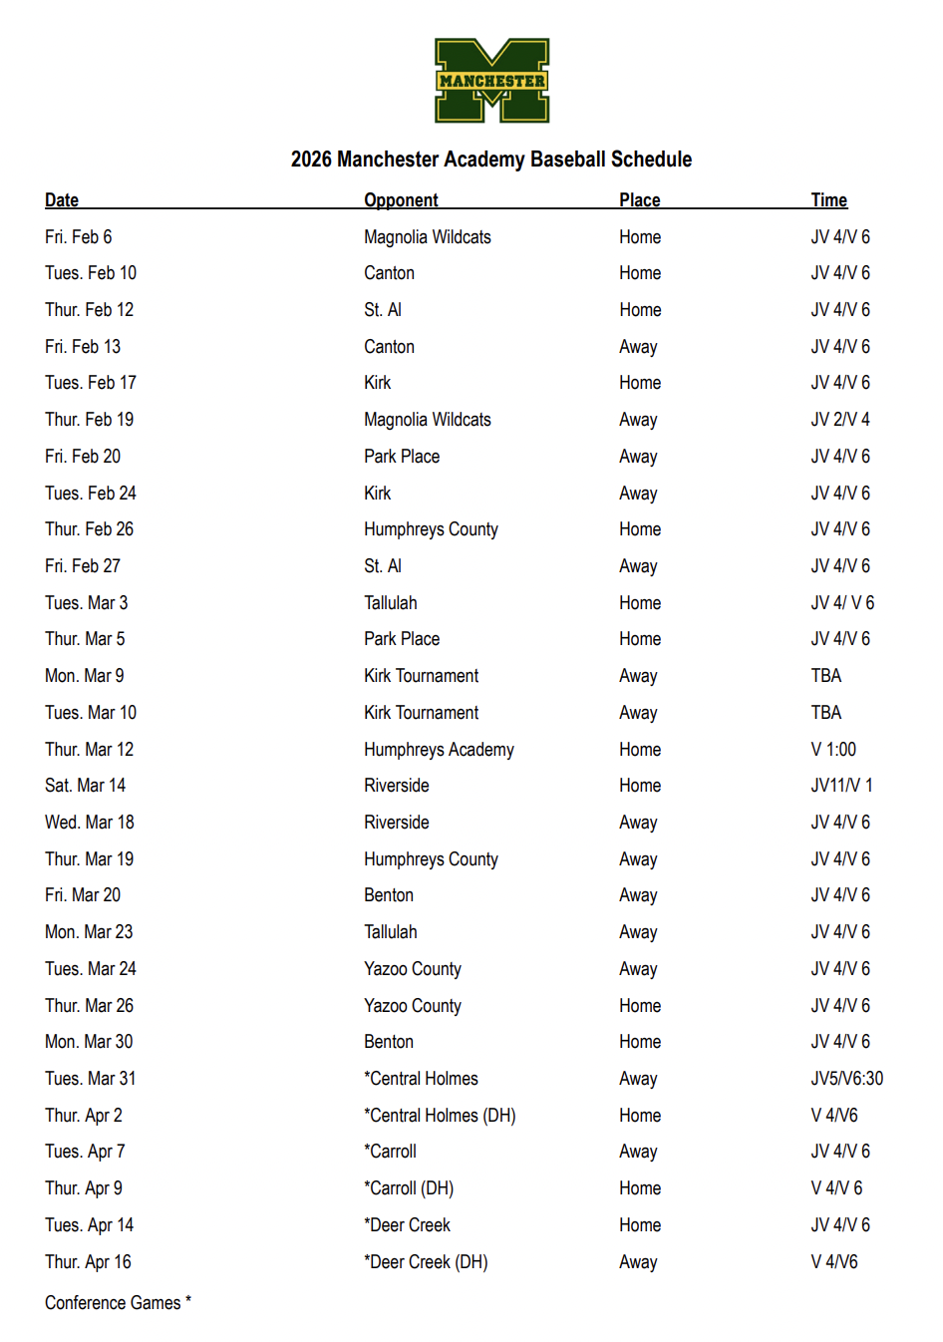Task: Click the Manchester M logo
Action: click(491, 81)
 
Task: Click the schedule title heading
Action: click(490, 160)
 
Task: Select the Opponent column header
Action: click(401, 200)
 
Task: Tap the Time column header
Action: click(828, 200)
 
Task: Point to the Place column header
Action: click(639, 200)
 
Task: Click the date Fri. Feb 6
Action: click(78, 237)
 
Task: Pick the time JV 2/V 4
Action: click(839, 420)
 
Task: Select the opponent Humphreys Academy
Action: click(439, 750)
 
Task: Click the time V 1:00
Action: click(833, 750)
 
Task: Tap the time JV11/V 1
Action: click(841, 786)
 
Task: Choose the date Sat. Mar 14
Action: click(85, 786)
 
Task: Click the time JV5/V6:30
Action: click(846, 1079)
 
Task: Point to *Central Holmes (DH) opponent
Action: click(440, 1116)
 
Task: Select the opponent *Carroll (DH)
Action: click(409, 1188)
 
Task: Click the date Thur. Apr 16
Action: click(88, 1262)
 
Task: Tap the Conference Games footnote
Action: click(118, 1303)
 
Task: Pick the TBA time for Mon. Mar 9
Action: click(825, 676)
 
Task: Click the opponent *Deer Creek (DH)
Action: click(426, 1262)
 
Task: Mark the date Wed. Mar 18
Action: click(89, 823)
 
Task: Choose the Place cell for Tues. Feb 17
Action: click(639, 383)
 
